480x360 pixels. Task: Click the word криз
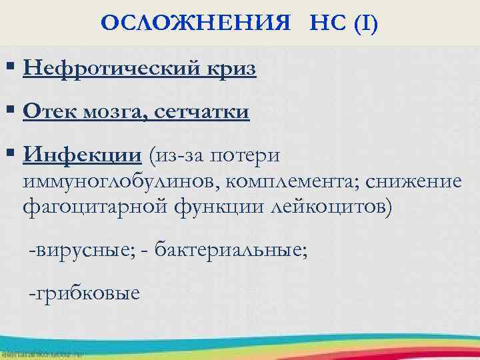(231, 69)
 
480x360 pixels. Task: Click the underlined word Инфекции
(82, 155)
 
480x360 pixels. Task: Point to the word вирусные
(78, 251)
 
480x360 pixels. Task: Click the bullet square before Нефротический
(11, 69)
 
